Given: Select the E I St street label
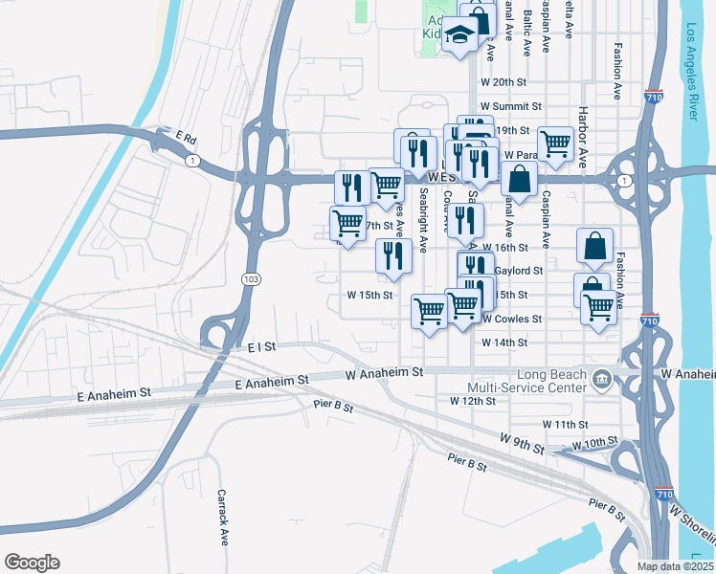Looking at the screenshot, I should click(260, 346).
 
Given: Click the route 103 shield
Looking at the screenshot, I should click(251, 278).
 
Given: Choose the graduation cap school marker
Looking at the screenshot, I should click(460, 36).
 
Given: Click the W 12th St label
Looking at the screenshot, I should click(472, 402).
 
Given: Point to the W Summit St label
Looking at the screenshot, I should click(511, 106).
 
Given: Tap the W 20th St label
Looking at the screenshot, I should click(503, 82).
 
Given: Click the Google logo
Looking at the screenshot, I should click(32, 563).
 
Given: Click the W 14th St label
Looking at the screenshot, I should click(504, 342).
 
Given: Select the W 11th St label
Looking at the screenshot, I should click(565, 423).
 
